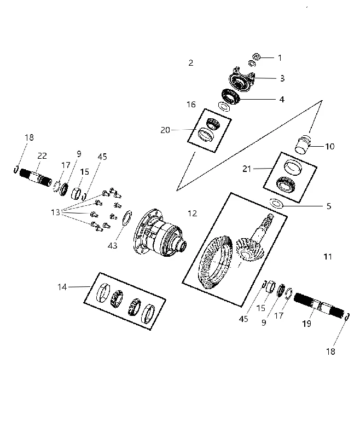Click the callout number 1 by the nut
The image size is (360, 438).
pyautogui.click(x=280, y=58)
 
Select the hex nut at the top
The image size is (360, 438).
pyautogui.click(x=257, y=57)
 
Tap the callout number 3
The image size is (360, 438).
pyautogui.click(x=282, y=78)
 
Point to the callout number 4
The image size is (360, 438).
pyautogui.click(x=282, y=100)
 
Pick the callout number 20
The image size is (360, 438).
pyautogui.click(x=165, y=130)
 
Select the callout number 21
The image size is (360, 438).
pyautogui.click(x=247, y=169)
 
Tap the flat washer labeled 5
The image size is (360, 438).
pyautogui.click(x=276, y=203)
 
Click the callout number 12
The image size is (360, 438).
pyautogui.click(x=192, y=214)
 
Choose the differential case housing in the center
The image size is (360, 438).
pyautogui.click(x=160, y=233)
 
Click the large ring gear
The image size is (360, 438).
pyautogui.click(x=215, y=263)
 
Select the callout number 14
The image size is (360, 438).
pyautogui.click(x=62, y=287)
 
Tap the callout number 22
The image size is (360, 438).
pyautogui.click(x=42, y=156)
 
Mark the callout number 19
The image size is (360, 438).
pyautogui.click(x=307, y=324)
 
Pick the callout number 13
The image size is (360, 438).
pyautogui.click(x=55, y=212)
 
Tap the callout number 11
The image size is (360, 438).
pyautogui.click(x=328, y=256)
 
